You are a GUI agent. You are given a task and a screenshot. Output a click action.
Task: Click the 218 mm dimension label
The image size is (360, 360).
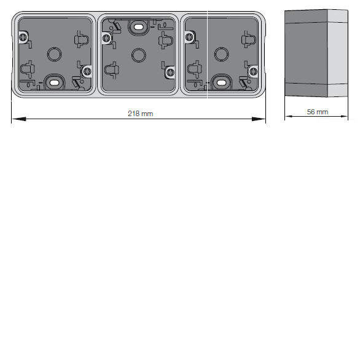pos(140,114)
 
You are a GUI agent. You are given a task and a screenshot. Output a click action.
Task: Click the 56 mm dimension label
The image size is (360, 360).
pos(318,112)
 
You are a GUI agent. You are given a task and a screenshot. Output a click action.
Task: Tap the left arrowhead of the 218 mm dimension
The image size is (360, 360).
pos(19,119)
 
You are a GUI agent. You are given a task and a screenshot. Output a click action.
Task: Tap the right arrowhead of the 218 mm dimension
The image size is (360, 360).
pos(259,119)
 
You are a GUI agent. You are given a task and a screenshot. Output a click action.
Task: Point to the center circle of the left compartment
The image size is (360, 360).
pos(55,55)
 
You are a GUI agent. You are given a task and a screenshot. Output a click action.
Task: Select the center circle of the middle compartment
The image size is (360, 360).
pos(139,55)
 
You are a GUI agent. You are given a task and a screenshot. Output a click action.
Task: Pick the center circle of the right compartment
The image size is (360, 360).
pos(221,55)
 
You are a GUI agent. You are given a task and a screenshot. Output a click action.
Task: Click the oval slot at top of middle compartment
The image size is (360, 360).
pos(138,27)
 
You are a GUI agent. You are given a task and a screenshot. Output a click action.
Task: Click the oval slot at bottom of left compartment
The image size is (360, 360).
pos(54,83)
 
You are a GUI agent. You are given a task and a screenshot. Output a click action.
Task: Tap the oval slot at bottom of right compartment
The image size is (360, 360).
pos(221,83)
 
